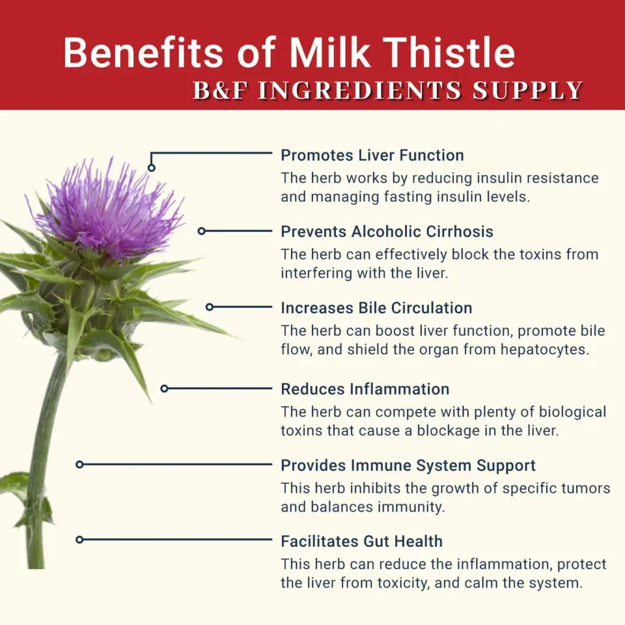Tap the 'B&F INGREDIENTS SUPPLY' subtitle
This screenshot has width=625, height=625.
pos(387,91)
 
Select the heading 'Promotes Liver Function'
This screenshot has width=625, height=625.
pos(372,156)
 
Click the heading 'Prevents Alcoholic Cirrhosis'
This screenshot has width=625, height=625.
pos(387,232)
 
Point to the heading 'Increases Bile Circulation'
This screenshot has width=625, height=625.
pos(376,308)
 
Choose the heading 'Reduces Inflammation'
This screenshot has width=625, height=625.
pos(365,389)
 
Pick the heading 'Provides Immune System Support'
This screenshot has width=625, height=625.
pos(408,465)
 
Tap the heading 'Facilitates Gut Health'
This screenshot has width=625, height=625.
pos(361,541)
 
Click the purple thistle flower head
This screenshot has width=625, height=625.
pos(107,205)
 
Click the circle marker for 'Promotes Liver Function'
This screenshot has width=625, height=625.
pos(152,167)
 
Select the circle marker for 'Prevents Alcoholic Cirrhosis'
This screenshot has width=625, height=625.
pos(202,230)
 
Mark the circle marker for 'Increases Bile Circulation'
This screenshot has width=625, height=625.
pos(210,307)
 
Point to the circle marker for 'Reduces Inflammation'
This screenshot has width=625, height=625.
pos(165,388)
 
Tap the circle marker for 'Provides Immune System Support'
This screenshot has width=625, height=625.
pos(79,464)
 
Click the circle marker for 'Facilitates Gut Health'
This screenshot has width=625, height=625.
pos(79,540)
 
